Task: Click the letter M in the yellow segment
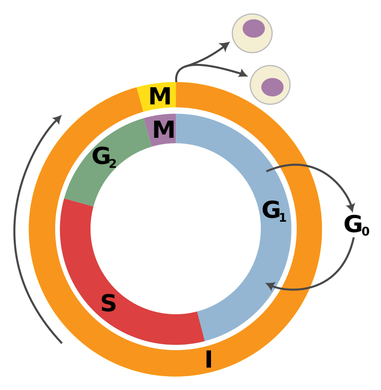(160, 97)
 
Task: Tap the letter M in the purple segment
(163, 130)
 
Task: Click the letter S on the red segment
(108, 304)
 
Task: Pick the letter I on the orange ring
(208, 360)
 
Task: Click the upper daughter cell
(252, 33)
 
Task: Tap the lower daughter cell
(270, 85)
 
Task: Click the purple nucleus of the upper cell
(254, 29)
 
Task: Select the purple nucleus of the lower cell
(272, 87)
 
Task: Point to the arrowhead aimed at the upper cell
(225, 45)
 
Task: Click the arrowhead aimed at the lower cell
(244, 74)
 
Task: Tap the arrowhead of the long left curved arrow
(58, 119)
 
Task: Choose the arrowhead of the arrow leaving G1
(351, 208)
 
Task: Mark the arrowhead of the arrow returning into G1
(270, 286)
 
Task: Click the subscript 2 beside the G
(113, 164)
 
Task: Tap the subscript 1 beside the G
(283, 218)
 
